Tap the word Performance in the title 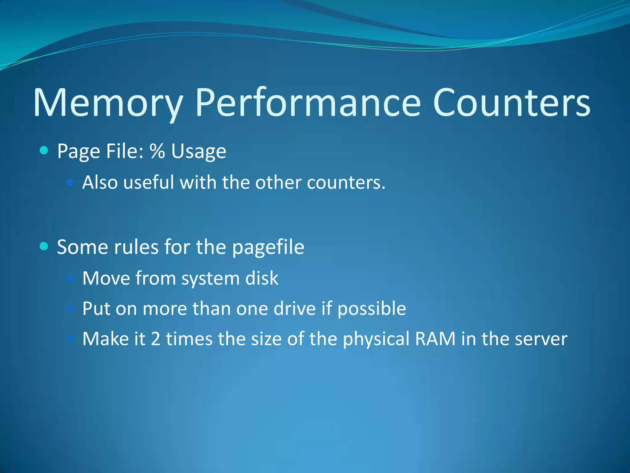point(308,103)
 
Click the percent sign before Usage point(157,151)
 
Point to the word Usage point(198,152)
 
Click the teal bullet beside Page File point(44,151)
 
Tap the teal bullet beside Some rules point(44,246)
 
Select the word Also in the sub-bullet point(100,182)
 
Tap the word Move point(106,278)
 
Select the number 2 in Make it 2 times point(156,339)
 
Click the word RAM point(435,339)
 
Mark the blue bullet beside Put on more point(70,308)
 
